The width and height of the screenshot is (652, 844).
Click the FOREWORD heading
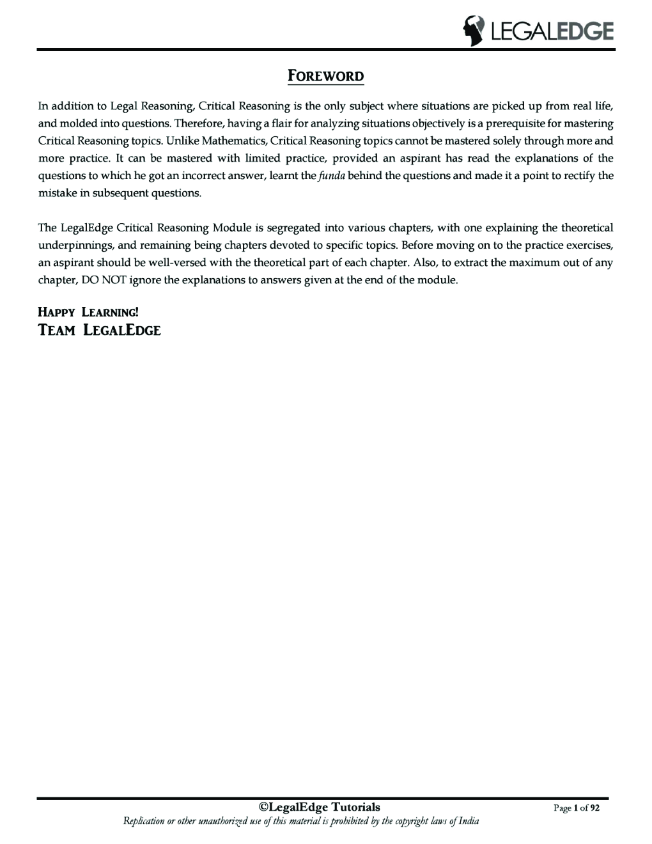tap(326, 77)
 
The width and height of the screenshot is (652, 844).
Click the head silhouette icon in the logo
tap(474, 31)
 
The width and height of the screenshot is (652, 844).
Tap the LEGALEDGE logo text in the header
tap(550, 31)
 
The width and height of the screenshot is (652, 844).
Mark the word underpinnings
tap(72, 245)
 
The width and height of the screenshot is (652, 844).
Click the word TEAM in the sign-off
tap(57, 331)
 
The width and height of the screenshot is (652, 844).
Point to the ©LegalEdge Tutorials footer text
tap(319, 808)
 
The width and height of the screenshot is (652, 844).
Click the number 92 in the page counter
tap(594, 809)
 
